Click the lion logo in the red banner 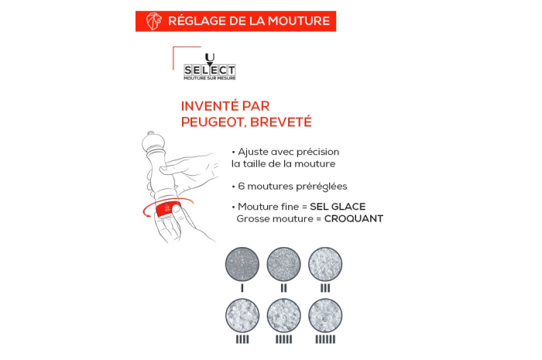[154, 21]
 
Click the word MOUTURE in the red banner [299, 21]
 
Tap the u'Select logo [210, 67]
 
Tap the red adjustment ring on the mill [168, 208]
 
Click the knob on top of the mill [151, 133]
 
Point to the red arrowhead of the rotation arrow [148, 214]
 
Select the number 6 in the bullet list [242, 187]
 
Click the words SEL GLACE [338, 207]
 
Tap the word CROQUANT [354, 218]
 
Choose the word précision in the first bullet [317, 152]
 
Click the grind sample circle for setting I [242, 264]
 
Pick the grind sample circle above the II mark [284, 264]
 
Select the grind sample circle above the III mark [325, 264]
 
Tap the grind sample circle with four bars [242, 315]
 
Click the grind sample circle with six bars [325, 315]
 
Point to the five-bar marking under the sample [284, 340]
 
